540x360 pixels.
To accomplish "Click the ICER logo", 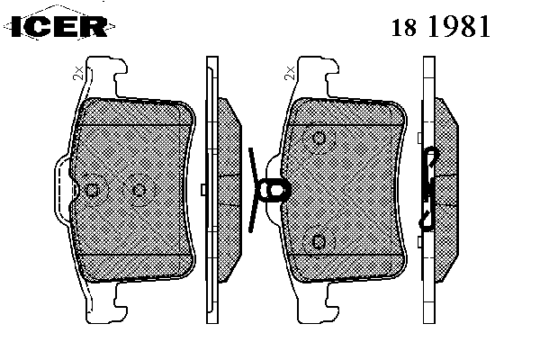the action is point(59,26).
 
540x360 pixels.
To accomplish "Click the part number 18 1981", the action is point(440,26).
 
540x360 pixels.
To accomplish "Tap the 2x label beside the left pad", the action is point(78,74).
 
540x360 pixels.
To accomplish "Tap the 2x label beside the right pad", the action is point(290,74).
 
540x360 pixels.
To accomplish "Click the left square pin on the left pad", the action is point(92,190).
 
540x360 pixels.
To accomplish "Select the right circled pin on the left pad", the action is point(139,190).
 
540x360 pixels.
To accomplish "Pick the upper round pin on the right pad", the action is point(319,139).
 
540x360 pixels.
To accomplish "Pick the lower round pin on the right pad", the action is point(319,241).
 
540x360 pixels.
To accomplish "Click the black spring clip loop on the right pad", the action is point(274,190).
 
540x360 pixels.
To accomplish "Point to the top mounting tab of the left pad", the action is point(106,76).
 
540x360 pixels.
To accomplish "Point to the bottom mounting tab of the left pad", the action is point(106,302).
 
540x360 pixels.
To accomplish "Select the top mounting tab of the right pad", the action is point(318,76).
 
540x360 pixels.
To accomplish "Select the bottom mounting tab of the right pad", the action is point(318,302).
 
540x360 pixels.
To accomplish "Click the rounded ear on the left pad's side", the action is point(63,190).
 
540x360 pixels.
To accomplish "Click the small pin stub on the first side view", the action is point(203,190).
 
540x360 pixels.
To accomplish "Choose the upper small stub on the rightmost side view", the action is point(420,138).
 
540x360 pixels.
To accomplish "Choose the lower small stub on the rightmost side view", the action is point(420,242).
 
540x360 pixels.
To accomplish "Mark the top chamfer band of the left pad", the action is point(135,112).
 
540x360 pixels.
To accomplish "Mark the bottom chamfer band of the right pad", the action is point(347,268).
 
